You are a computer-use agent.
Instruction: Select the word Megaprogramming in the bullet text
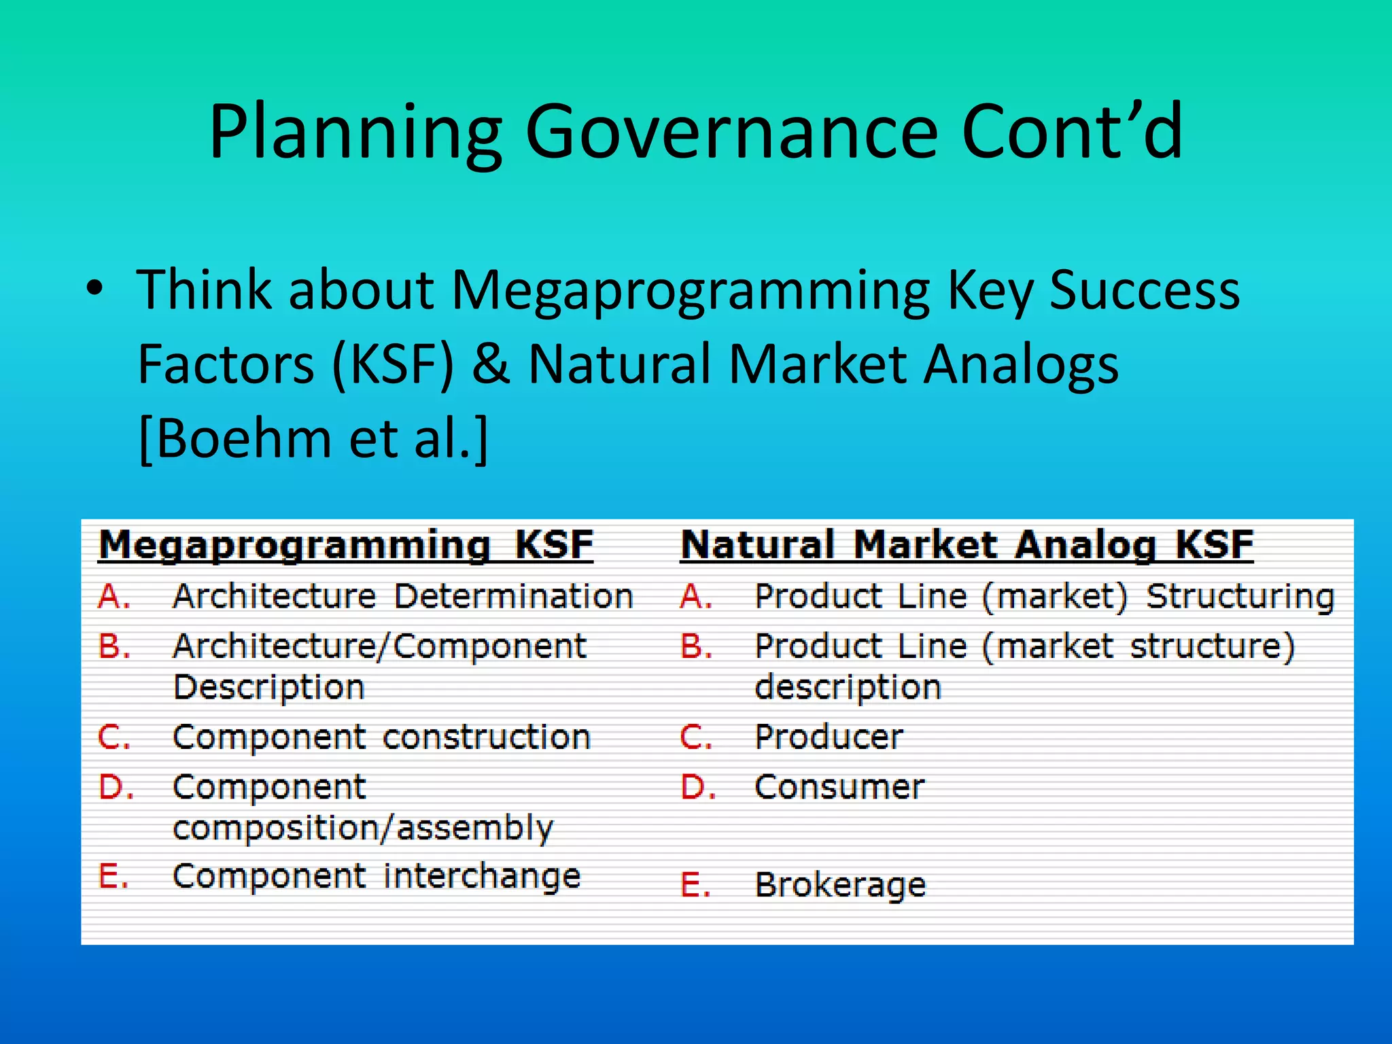[690, 291]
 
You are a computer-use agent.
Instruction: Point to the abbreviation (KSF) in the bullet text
[392, 365]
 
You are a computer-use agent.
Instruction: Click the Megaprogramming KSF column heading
[346, 544]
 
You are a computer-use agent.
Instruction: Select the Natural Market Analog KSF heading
[967, 544]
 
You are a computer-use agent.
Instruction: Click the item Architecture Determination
[402, 596]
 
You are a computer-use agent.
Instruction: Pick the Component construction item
[381, 737]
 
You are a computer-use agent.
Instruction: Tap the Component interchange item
[377, 876]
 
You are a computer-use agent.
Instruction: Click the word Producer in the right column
[829, 737]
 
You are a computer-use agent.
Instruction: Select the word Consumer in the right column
[839, 787]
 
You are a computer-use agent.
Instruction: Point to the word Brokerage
[841, 885]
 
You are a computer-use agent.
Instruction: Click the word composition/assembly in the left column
[363, 829]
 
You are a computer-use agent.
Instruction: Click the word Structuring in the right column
[1240, 597]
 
